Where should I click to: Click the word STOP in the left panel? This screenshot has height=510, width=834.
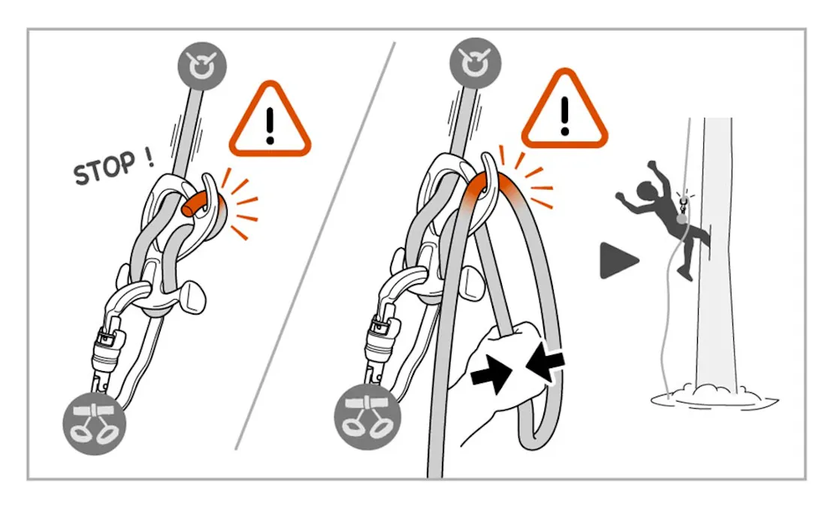104,168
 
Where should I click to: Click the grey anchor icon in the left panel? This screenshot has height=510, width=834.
202,67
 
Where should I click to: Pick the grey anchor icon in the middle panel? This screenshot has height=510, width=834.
475,63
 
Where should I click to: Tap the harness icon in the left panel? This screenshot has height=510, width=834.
95,424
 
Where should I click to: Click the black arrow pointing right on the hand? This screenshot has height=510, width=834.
491,374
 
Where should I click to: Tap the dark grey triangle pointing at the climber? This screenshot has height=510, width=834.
618,261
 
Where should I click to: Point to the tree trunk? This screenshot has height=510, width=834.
717,255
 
